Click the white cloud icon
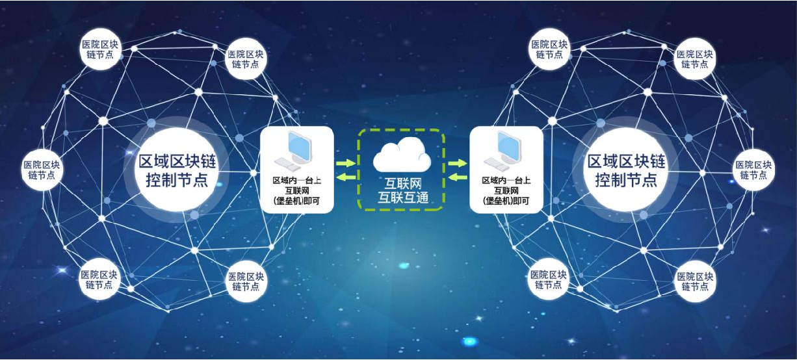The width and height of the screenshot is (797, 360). [402, 155]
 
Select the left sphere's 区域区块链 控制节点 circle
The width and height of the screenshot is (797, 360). [174, 170]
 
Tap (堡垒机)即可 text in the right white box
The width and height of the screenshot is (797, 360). [506, 201]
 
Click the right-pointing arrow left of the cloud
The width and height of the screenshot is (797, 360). [345, 163]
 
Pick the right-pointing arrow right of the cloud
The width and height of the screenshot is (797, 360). [458, 163]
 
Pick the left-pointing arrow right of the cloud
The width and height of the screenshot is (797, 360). [458, 177]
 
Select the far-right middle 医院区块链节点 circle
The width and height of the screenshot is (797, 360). [754, 170]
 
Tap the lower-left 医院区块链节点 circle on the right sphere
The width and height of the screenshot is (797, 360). [549, 279]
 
